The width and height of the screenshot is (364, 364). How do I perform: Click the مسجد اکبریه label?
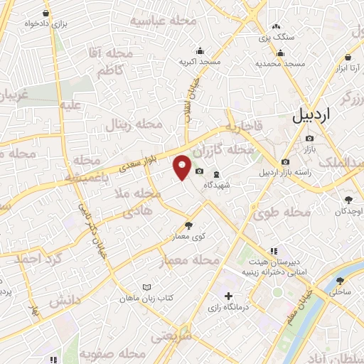click(x=200, y=63)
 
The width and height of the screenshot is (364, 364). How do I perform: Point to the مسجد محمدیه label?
click(x=281, y=63)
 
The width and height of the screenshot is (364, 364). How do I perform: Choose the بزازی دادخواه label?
click(x=47, y=23)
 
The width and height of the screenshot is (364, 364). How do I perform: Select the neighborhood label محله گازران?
click(x=221, y=151)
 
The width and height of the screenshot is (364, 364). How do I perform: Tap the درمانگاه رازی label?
click(x=227, y=308)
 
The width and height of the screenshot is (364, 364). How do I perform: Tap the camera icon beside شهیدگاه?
click(x=199, y=173)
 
